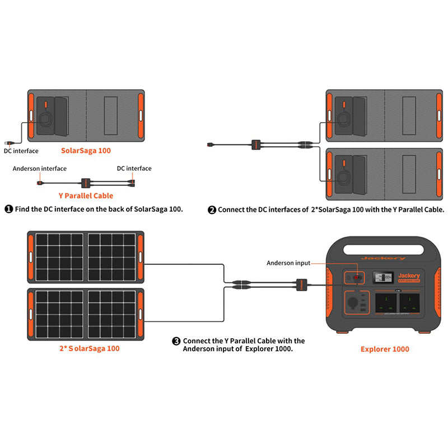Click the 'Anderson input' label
[288, 262]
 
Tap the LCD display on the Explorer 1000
[384, 277]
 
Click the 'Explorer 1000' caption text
[384, 349]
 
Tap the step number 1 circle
[8, 209]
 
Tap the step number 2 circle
[212, 210]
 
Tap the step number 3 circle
[176, 340]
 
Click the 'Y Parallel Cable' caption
[86, 196]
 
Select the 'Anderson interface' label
[39, 169]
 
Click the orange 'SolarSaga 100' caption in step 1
[86, 150]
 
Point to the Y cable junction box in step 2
[256, 144]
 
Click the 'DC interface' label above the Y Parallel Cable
[134, 169]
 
